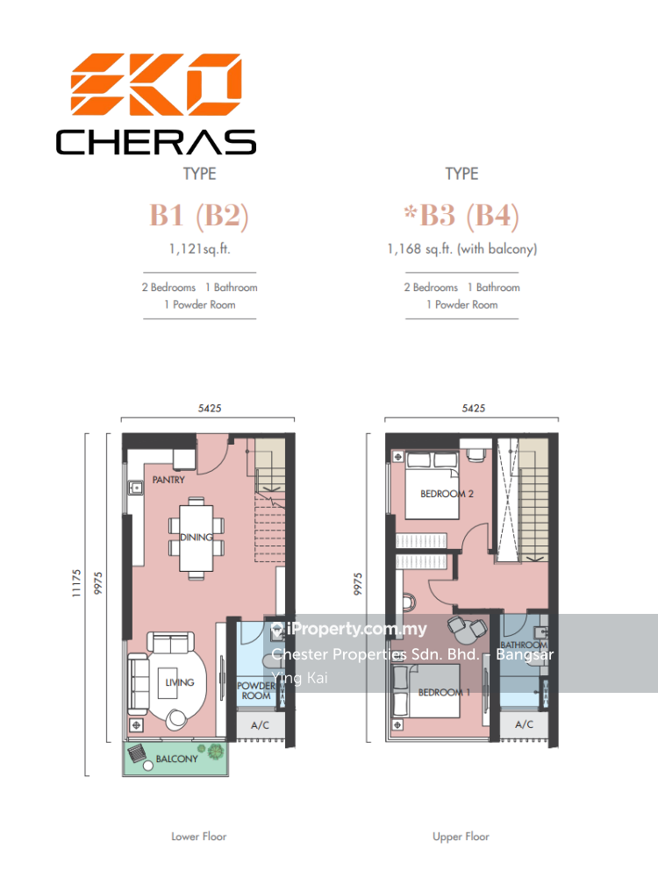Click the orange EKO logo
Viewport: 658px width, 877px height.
tap(156, 84)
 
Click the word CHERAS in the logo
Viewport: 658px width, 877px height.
tap(156, 142)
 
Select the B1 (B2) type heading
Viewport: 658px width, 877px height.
tap(199, 216)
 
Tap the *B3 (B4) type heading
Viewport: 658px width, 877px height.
tap(461, 216)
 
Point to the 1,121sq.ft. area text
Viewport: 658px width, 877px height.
tap(200, 249)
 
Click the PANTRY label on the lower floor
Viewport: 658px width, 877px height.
tap(168, 480)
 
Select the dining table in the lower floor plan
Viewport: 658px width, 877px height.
tap(197, 538)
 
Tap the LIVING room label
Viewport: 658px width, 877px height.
tap(180, 682)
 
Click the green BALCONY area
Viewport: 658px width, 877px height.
tap(175, 759)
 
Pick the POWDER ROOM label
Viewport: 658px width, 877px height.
tap(256, 691)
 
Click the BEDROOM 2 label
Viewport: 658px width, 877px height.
tap(447, 494)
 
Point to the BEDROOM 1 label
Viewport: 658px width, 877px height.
tap(444, 693)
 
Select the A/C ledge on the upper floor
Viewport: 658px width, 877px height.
tap(524, 725)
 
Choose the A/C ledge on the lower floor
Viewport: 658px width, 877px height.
tap(261, 725)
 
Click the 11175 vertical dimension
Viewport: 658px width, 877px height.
tap(76, 583)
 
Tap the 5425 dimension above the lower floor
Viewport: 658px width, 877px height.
tap(210, 409)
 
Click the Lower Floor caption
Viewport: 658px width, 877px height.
tap(199, 837)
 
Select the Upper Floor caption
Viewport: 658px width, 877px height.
tap(461, 837)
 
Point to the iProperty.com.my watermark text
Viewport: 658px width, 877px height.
tap(357, 629)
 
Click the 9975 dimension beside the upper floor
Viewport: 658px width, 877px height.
tap(358, 584)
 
